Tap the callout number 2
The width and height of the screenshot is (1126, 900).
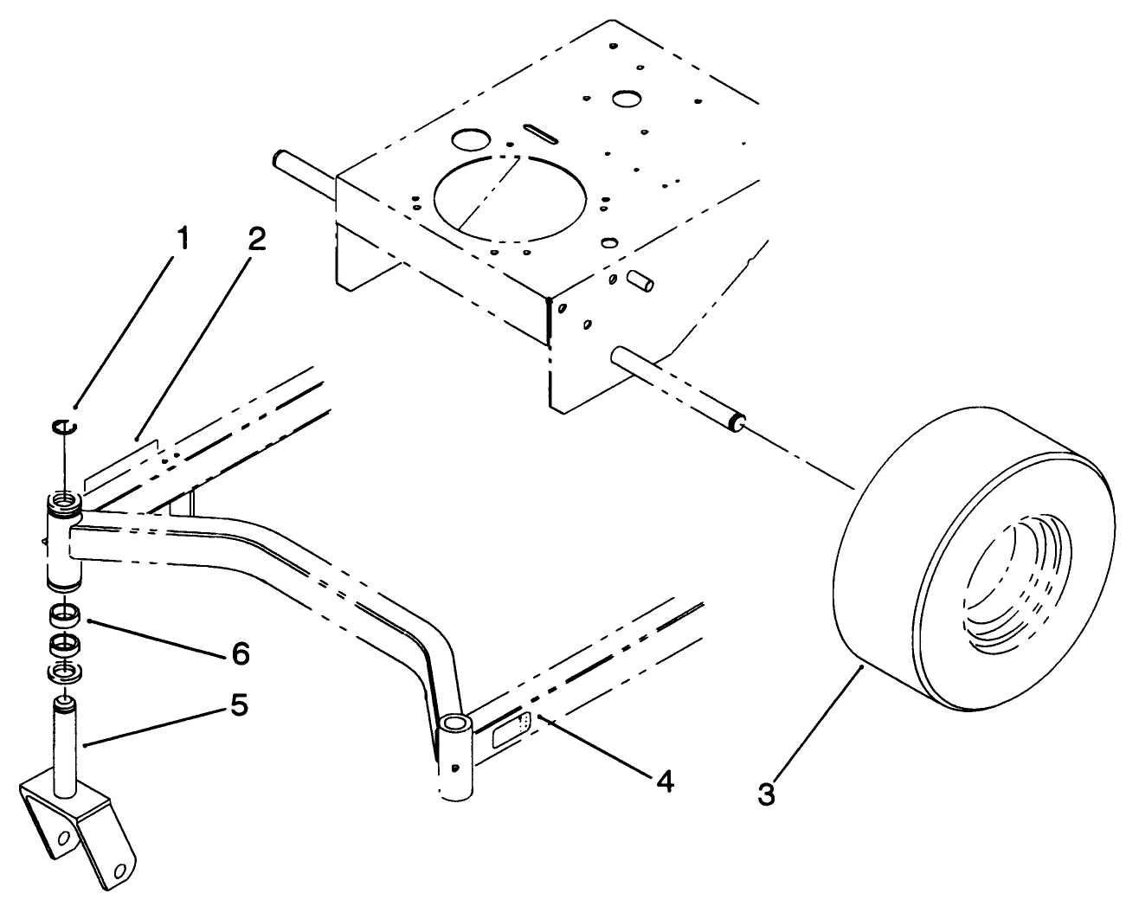point(255,240)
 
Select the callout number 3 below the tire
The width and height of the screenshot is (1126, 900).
point(766,793)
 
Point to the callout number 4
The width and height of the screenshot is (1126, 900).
point(663,781)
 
